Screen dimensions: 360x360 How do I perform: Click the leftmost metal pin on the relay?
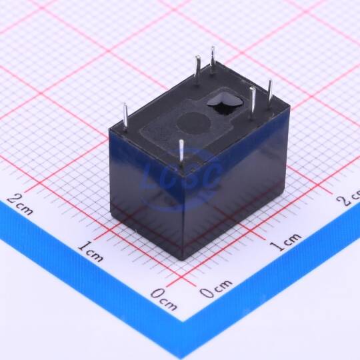125,117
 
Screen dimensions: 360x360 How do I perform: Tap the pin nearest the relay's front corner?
181,153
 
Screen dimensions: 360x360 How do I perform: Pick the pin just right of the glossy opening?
253,103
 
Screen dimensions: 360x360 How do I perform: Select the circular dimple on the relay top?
193,124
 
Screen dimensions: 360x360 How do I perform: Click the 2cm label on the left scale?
21,204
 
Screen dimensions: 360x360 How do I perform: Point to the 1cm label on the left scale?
91,252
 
